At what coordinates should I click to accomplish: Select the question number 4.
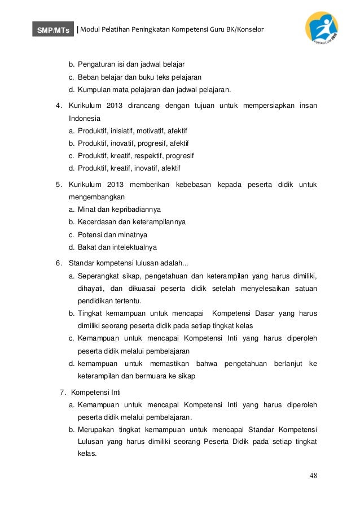pyautogui.click(x=58, y=106)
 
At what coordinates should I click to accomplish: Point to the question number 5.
pyautogui.click(x=58, y=185)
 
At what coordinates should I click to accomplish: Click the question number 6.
pyautogui.click(x=58, y=263)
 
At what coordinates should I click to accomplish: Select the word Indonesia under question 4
pyautogui.click(x=84, y=119)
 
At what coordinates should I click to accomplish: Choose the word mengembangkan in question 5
pyautogui.click(x=96, y=197)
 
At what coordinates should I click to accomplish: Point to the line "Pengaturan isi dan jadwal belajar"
pyautogui.click(x=131, y=64)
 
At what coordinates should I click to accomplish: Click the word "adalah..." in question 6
pyautogui.click(x=174, y=263)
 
